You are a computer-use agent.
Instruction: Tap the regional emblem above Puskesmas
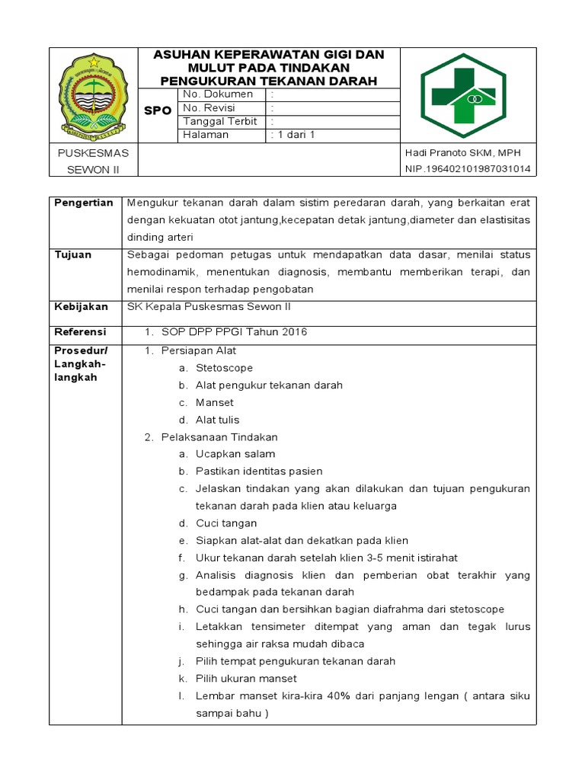pyautogui.click(x=94, y=94)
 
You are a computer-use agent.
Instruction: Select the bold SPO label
pyautogui.click(x=158, y=111)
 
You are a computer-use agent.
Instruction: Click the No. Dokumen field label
pyautogui.click(x=218, y=94)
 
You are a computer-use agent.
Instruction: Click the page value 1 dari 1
pyautogui.click(x=293, y=135)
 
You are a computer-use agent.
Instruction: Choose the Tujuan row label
pyautogui.click(x=72, y=254)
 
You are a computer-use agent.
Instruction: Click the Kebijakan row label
pyautogui.click(x=79, y=307)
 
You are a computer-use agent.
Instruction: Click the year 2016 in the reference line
pyautogui.click(x=292, y=333)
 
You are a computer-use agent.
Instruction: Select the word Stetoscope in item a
pyautogui.click(x=224, y=368)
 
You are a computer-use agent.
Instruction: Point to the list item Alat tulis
pyautogui.click(x=217, y=420)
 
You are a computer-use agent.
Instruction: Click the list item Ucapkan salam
pyautogui.click(x=235, y=454)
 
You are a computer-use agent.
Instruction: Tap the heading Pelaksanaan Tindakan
pyautogui.click(x=219, y=437)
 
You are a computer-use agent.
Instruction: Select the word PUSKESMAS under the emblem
pyautogui.click(x=94, y=152)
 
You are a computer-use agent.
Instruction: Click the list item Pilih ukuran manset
pyautogui.click(x=246, y=679)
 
